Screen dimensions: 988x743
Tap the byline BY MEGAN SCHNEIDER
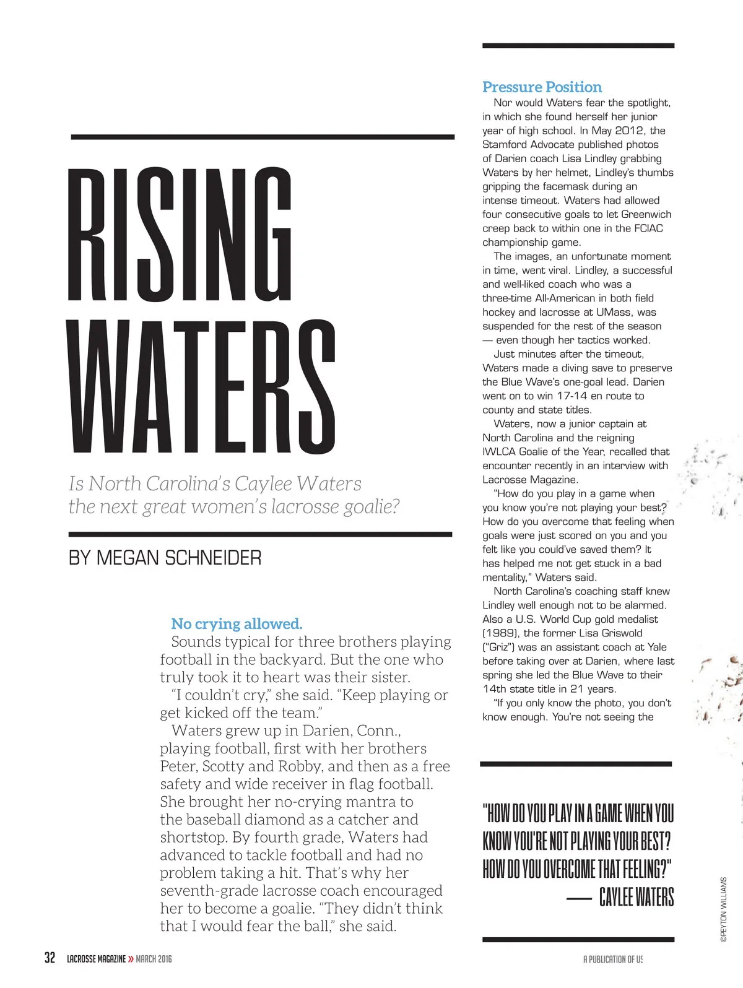[x=165, y=558]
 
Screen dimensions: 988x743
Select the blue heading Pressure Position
[x=542, y=87]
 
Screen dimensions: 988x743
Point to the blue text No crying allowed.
[x=237, y=623]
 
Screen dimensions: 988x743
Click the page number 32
[x=50, y=958]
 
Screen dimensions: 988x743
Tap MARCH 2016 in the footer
[x=154, y=959]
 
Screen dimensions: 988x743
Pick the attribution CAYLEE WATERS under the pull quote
[x=636, y=897]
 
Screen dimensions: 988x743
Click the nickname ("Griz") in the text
[x=498, y=647]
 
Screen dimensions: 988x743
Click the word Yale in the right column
[x=657, y=647]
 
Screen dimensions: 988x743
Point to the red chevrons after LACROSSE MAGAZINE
[x=131, y=959]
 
